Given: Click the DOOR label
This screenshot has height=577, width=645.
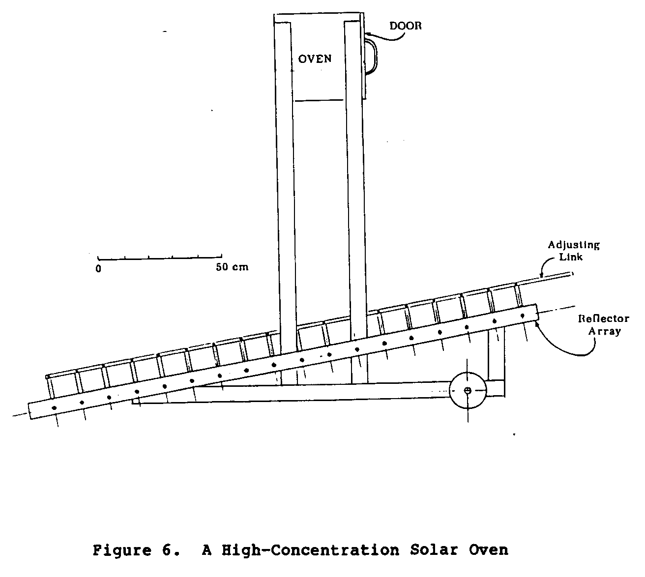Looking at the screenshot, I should (x=406, y=26).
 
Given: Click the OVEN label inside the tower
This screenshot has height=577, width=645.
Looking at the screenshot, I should (x=315, y=59).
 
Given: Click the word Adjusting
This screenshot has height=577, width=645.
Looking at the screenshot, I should (x=574, y=245).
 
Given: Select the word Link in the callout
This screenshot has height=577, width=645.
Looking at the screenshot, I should (x=571, y=257).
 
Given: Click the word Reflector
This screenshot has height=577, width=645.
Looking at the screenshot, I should (x=603, y=318).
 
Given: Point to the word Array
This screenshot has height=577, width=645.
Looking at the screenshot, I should (x=604, y=331).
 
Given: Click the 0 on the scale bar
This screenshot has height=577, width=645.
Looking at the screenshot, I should (x=98, y=269).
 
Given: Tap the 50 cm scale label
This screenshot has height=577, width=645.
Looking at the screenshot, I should (x=233, y=267).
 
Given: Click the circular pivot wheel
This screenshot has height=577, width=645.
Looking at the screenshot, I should (x=468, y=390).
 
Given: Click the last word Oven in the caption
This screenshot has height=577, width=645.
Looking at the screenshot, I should (x=489, y=549).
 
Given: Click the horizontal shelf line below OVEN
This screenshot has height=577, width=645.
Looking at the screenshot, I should (x=319, y=100).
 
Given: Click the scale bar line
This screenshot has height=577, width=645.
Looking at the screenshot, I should (x=160, y=257).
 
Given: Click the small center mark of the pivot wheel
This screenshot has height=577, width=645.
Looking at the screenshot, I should (x=468, y=390).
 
